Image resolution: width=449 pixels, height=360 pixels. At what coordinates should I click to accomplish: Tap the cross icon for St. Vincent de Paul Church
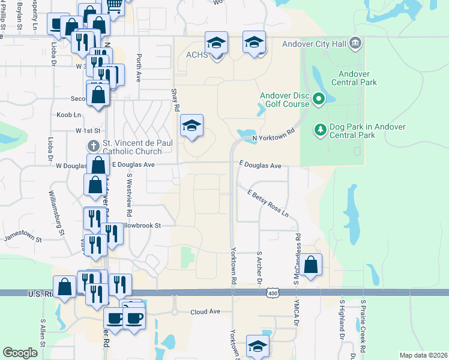pyautogui.click(x=92, y=145)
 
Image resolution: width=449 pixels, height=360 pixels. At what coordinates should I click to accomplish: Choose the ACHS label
pyautogui.click(x=196, y=55)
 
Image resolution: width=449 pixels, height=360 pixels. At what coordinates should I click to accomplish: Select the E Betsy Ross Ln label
pyautogui.click(x=268, y=203)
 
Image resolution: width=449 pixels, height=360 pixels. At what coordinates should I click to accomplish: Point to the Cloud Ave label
pyautogui.click(x=206, y=312)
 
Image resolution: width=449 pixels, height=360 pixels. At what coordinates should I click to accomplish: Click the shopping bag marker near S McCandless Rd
pyautogui.click(x=312, y=264)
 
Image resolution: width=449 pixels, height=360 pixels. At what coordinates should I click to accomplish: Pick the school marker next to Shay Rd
pyautogui.click(x=192, y=125)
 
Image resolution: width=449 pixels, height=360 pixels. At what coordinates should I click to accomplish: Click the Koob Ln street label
pyautogui.click(x=69, y=115)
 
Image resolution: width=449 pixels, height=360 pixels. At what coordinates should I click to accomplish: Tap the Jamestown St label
pyautogui.click(x=23, y=239)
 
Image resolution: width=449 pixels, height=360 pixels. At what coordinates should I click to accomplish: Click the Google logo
pyautogui.click(x=20, y=353)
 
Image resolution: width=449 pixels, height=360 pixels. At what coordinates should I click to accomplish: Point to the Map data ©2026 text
pyautogui.click(x=423, y=355)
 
